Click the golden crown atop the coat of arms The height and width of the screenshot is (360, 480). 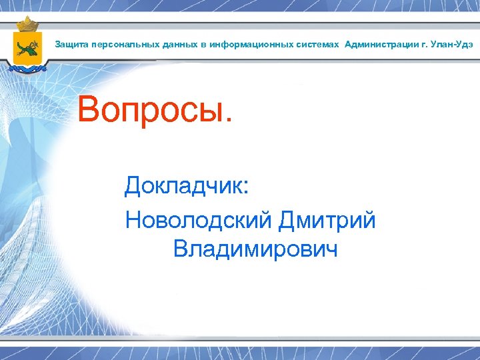coord(28,25)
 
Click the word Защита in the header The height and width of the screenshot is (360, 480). coord(68,45)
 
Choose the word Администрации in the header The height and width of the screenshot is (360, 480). coord(377,45)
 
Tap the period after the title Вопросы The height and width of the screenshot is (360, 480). coord(230,121)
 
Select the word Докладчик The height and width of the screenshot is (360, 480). coord(183,186)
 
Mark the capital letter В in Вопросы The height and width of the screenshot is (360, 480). coord(89,110)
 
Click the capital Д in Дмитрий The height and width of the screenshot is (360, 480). coord(288,220)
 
